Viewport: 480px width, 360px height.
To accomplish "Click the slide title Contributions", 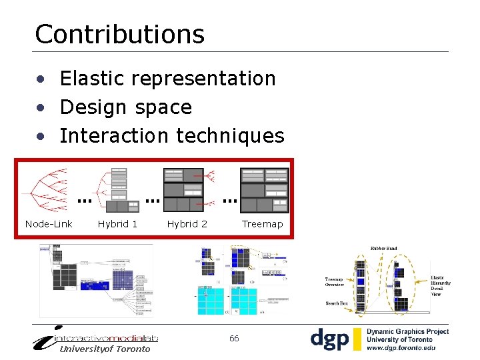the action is (x=119, y=34).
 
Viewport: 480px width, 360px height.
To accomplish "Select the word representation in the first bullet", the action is (x=203, y=79).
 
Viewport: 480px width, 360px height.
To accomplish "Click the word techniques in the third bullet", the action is (x=230, y=136).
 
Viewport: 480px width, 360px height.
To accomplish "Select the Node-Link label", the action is (x=49, y=224).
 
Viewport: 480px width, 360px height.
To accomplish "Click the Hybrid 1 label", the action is (x=117, y=224).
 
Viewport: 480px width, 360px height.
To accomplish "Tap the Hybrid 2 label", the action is (x=187, y=224).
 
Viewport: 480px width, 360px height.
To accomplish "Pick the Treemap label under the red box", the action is (x=262, y=224).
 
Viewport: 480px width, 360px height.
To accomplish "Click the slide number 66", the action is (x=234, y=339).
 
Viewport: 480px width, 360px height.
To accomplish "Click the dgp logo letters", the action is (x=329, y=339).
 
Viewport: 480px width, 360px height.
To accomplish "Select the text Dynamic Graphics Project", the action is (x=407, y=331).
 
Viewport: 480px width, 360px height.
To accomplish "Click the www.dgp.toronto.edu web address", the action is (x=401, y=348).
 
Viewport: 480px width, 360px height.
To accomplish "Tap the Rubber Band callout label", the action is (x=383, y=249).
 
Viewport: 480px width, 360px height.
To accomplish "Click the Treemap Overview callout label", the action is (x=334, y=282).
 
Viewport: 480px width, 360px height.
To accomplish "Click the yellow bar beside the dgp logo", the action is (x=357, y=339).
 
